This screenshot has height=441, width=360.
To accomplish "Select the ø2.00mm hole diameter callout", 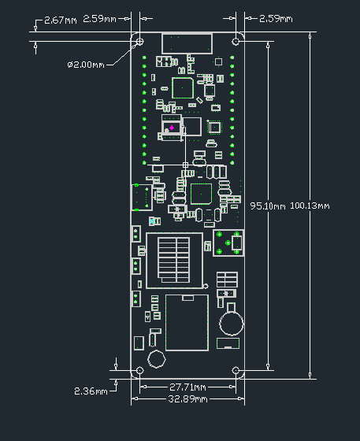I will click(x=89, y=64).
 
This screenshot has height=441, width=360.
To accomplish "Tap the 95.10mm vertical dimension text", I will click(x=266, y=206).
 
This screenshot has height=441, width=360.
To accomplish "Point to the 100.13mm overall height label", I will click(x=310, y=206).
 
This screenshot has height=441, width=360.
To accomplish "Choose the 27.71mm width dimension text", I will click(x=188, y=387).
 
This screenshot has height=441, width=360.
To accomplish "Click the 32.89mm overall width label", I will click(x=188, y=399).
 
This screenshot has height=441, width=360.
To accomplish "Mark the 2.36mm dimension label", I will click(x=91, y=391).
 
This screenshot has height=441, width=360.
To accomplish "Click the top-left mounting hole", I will click(x=140, y=41).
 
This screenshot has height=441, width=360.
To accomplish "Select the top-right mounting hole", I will click(x=236, y=41).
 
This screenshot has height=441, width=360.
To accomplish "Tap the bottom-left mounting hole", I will click(x=140, y=370).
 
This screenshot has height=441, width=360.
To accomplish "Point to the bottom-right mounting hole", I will click(x=236, y=370).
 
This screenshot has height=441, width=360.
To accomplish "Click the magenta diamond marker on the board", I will click(x=172, y=127).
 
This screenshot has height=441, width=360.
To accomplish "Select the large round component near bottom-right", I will click(x=231, y=321).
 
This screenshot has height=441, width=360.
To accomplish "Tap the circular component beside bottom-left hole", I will click(x=156, y=359).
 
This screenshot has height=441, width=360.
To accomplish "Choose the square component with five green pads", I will click(x=228, y=244).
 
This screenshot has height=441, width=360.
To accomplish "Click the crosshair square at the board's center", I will click(x=186, y=165).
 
